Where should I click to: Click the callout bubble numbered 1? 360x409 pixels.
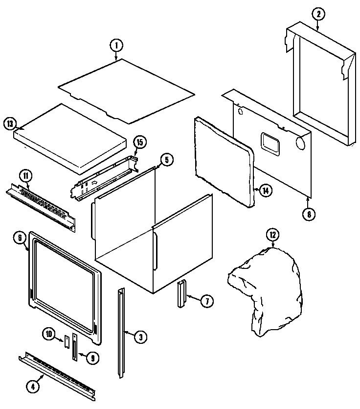116,46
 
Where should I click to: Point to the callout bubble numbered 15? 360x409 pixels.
139,143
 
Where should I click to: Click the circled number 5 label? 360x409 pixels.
166,160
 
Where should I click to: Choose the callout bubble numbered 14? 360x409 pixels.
265,191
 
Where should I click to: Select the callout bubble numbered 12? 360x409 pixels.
272,235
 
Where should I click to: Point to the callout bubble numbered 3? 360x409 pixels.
140,337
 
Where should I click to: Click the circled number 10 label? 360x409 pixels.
49,335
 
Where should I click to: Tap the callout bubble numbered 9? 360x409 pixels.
91,358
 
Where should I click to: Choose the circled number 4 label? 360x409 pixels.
32,385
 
